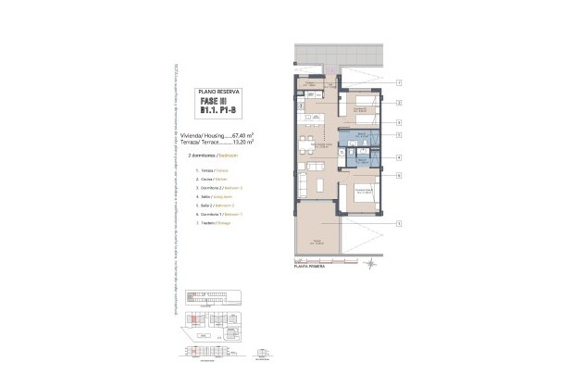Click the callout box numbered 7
(398, 82)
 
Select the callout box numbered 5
(398, 135)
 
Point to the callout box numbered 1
(398, 223)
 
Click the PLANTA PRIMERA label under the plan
(312, 266)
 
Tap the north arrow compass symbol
(370, 265)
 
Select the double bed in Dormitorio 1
(361, 196)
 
